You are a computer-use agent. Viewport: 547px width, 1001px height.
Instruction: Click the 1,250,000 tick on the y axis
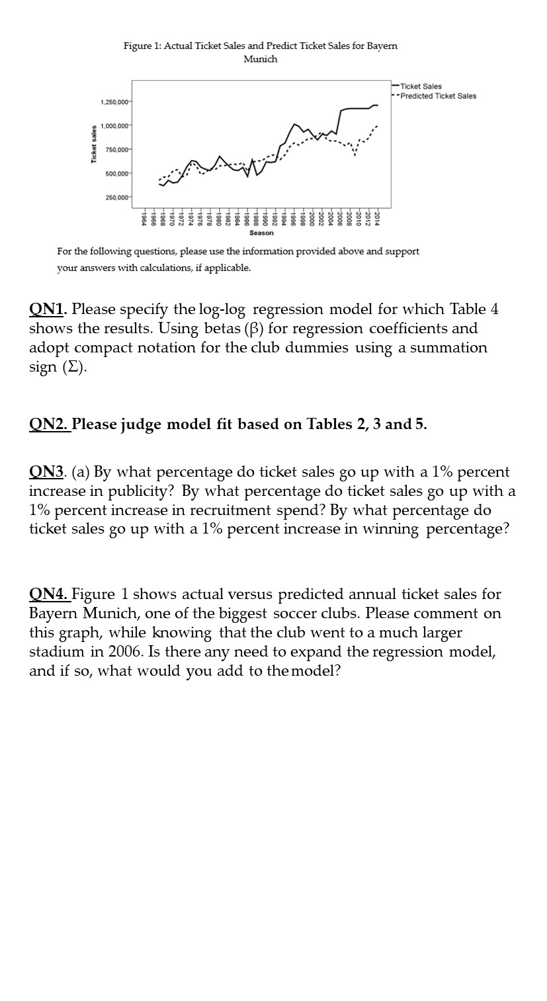pos(115,101)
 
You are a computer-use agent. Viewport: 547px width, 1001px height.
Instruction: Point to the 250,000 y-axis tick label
pos(118,197)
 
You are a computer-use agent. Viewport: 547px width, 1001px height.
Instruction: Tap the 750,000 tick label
pos(118,149)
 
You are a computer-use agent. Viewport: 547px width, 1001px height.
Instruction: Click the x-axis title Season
pos(261,233)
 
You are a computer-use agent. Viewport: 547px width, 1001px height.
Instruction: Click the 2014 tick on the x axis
pos(377,219)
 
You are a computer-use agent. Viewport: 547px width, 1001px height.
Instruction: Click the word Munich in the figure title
pos(261,59)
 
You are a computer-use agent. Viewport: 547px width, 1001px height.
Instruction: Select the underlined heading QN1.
pos(48,309)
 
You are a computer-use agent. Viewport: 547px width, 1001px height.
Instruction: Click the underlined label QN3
pos(47,472)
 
